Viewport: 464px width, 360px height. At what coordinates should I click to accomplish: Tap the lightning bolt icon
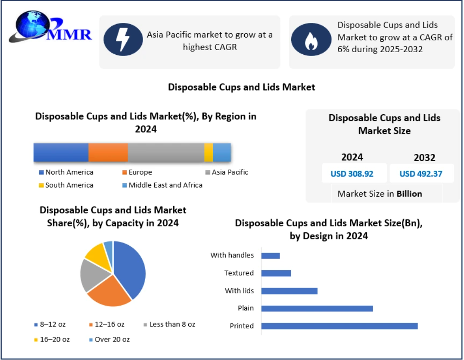click(x=123, y=39)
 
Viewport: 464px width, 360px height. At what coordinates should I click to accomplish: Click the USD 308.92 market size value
click(x=352, y=174)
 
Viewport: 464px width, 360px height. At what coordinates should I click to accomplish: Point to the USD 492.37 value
click(x=421, y=174)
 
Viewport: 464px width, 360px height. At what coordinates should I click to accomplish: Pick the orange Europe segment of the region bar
click(x=108, y=152)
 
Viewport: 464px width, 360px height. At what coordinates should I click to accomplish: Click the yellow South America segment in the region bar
click(x=209, y=152)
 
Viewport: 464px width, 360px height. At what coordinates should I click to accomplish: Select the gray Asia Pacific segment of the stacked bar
click(x=166, y=152)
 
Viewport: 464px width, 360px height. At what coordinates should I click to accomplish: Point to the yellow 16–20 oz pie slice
click(x=97, y=255)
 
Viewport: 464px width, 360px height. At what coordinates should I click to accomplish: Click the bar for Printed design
click(x=339, y=326)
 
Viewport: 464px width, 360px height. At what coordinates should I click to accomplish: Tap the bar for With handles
click(x=271, y=255)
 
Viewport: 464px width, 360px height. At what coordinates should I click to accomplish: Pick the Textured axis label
click(x=239, y=273)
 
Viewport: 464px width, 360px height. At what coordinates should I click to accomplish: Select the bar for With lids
click(x=289, y=291)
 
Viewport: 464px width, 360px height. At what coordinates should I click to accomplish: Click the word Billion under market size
click(x=409, y=194)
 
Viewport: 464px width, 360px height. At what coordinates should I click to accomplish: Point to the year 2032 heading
click(x=424, y=157)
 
